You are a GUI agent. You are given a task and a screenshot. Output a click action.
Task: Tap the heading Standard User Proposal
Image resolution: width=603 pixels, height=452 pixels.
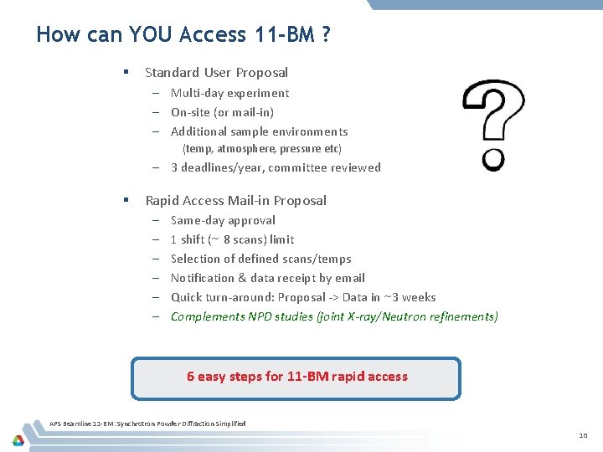[216, 73]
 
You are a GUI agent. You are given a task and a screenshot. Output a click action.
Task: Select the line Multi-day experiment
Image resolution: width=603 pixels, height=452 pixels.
[229, 93]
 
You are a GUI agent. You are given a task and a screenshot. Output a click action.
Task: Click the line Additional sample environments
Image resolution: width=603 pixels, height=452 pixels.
[259, 131]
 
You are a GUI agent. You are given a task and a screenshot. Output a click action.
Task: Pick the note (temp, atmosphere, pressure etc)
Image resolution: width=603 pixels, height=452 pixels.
[262, 149]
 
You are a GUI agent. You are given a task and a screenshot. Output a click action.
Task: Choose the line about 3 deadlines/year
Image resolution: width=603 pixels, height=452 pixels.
[276, 167]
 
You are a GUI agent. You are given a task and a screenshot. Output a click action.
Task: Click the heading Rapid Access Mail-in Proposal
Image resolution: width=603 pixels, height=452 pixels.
[235, 200]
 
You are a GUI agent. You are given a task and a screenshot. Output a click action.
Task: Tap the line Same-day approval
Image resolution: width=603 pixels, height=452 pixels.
[223, 220]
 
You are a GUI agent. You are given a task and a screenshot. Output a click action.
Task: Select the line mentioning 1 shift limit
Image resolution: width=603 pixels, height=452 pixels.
[232, 239]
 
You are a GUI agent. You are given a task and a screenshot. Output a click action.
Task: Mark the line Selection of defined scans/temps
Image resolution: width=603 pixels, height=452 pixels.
[260, 259]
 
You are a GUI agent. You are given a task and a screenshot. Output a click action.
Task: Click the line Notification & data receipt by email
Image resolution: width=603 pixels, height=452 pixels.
[267, 278]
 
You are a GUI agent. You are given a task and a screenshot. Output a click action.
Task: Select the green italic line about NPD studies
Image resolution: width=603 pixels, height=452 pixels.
[334, 316]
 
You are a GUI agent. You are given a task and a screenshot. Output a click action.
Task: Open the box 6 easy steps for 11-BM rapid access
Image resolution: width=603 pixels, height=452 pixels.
[296, 377]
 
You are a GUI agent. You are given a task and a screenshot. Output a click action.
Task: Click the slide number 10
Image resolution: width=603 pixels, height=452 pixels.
[583, 436]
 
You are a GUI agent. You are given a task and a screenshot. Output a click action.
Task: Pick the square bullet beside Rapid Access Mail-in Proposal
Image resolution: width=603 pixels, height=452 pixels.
[125, 200]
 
